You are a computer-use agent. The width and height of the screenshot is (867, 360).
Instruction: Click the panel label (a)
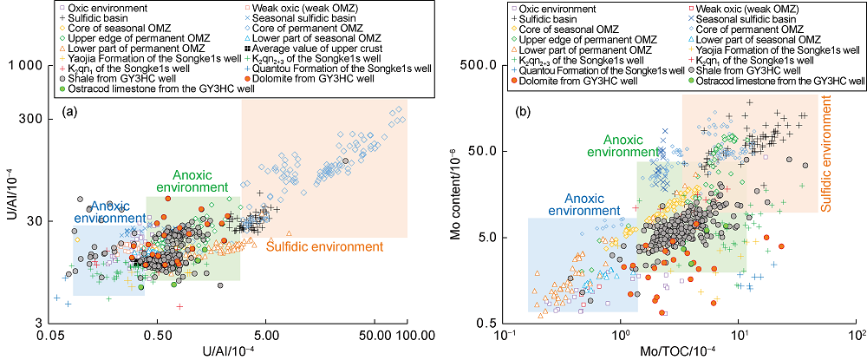point(70,111)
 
